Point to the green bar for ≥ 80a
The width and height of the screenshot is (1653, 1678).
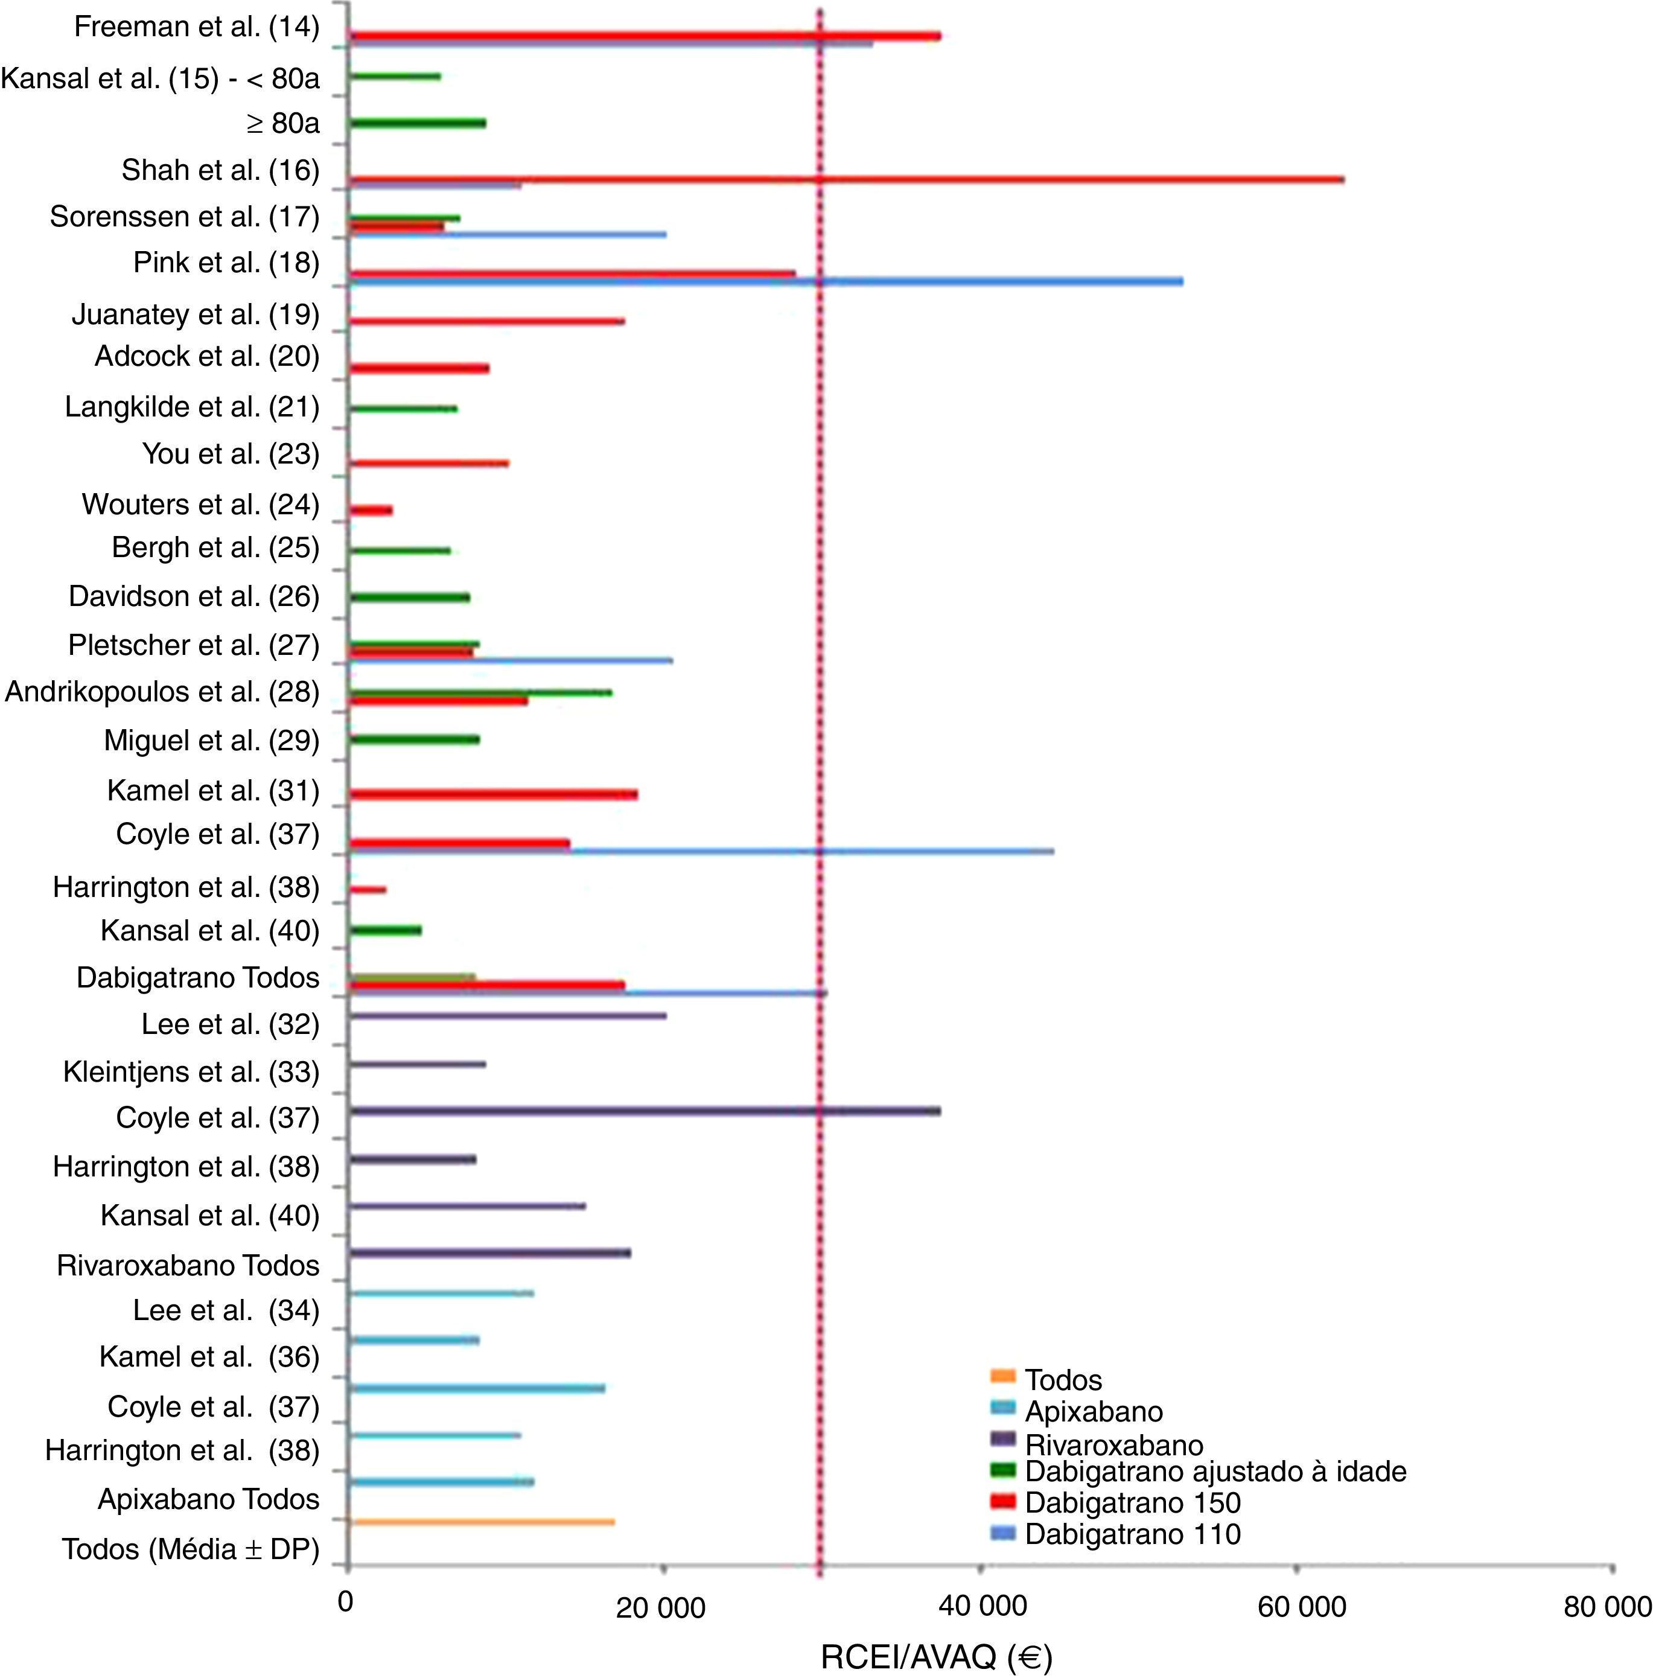(417, 123)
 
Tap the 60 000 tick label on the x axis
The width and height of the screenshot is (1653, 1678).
(1301, 1607)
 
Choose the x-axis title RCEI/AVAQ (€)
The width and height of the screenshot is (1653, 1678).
(936, 1657)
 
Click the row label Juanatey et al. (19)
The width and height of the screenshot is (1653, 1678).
(196, 314)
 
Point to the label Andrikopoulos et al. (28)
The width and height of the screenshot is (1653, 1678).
(162, 692)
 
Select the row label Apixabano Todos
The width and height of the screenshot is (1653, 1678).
(208, 1499)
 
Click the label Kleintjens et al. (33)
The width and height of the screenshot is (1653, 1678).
(191, 1072)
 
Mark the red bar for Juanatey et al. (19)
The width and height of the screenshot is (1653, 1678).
(486, 321)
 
